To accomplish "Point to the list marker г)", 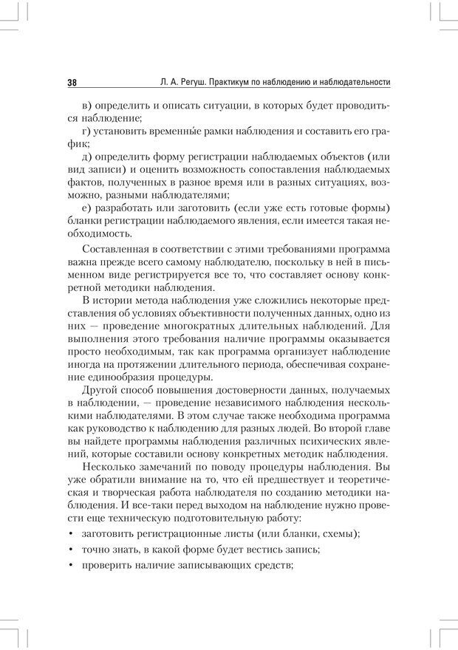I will click(91, 132).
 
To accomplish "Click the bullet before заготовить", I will click(69, 534).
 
